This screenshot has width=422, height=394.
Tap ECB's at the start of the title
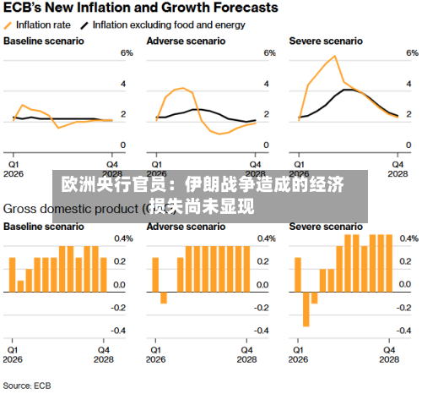24,8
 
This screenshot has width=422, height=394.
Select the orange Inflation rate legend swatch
9,25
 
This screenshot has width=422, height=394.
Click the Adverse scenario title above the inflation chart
179,41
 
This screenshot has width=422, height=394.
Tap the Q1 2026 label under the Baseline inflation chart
14,168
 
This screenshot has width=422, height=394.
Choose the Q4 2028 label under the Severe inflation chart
397,168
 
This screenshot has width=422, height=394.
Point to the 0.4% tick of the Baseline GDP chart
123,239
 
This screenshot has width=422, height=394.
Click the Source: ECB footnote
28,386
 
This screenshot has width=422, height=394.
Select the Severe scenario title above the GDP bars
325,227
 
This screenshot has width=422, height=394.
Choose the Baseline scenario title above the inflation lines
43,41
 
